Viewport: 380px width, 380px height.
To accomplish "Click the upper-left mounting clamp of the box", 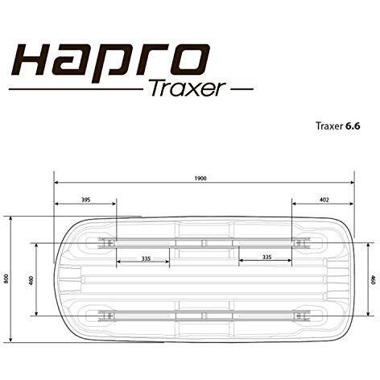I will [x=105, y=242].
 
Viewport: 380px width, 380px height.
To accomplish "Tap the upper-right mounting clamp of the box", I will [x=301, y=242].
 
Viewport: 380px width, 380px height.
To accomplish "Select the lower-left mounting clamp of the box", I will [x=105, y=315].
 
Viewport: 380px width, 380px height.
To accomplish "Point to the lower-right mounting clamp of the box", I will [x=301, y=315].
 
